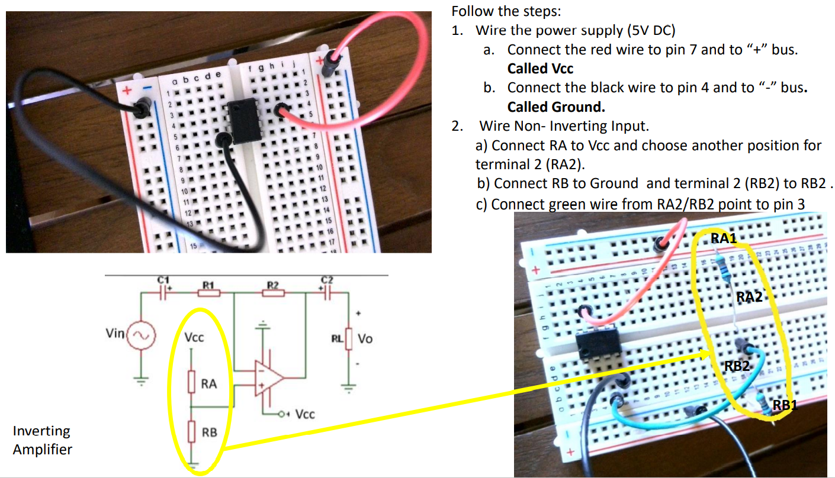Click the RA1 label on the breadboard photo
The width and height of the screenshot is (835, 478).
click(724, 238)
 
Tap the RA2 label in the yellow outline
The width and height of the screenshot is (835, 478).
click(749, 297)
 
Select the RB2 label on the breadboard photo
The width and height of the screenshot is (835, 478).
click(737, 366)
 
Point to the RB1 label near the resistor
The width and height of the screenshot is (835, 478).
click(786, 406)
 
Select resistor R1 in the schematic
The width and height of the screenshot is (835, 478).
click(208, 292)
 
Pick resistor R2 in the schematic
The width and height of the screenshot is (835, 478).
click(272, 292)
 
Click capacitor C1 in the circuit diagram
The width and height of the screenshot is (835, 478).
click(163, 291)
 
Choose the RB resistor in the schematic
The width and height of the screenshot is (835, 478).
click(191, 432)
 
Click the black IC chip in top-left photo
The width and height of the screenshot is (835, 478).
click(240, 121)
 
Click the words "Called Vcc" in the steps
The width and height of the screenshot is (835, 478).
click(540, 69)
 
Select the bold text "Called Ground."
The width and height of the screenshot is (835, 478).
click(556, 107)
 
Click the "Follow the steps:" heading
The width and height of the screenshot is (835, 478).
click(506, 11)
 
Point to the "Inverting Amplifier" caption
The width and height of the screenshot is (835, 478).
click(42, 440)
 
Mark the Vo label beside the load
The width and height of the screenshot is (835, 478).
click(365, 340)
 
